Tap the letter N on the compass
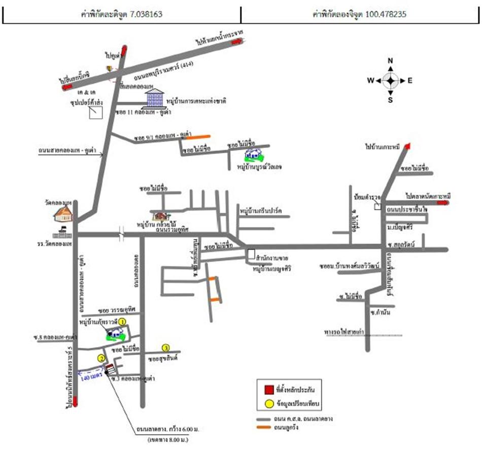[x=390, y=61]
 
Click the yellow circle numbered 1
[x=122, y=315]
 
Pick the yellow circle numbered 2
[x=101, y=358]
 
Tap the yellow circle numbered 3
[x=165, y=347]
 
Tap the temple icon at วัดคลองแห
[x=63, y=215]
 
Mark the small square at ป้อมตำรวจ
[x=377, y=206]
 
